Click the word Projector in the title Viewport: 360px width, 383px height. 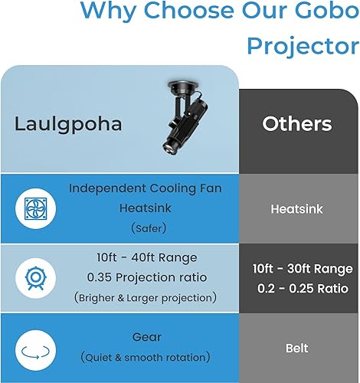click(x=302, y=45)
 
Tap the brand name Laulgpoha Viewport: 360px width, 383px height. click(x=68, y=124)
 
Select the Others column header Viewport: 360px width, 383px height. click(x=297, y=124)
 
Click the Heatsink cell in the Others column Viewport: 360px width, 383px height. click(x=296, y=208)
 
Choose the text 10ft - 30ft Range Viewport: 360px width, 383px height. click(x=303, y=269)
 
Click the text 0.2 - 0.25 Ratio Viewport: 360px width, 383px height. click(x=303, y=290)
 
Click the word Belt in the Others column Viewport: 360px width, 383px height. click(x=296, y=348)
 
